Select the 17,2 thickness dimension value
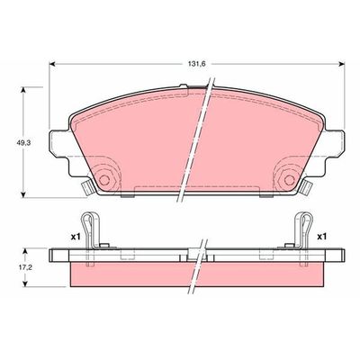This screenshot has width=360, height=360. [13, 268]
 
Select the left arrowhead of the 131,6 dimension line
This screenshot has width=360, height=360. [51, 64]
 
